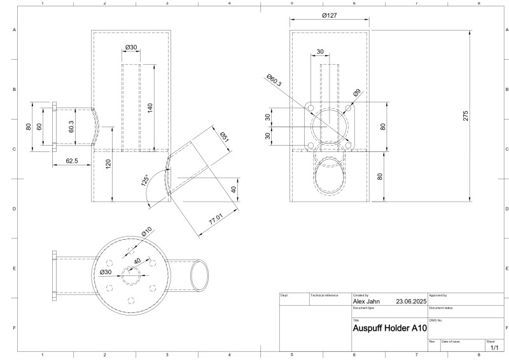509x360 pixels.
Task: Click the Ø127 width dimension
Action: point(329,15)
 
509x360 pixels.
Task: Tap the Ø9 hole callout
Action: point(357,92)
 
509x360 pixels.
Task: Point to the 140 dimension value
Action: point(150,107)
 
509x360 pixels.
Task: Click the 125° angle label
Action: point(145,181)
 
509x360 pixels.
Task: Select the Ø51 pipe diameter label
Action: point(224,135)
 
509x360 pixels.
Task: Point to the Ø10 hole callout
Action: point(146,232)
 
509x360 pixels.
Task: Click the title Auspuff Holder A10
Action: point(389,329)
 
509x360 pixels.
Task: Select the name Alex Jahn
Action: point(366,301)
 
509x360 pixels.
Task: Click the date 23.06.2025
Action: point(410,301)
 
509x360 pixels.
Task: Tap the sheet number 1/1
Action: point(494,347)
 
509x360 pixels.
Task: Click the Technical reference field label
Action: point(323,296)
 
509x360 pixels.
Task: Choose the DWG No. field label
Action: point(436,320)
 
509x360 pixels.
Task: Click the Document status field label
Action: point(440,308)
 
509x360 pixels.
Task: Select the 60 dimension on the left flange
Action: point(39,127)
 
